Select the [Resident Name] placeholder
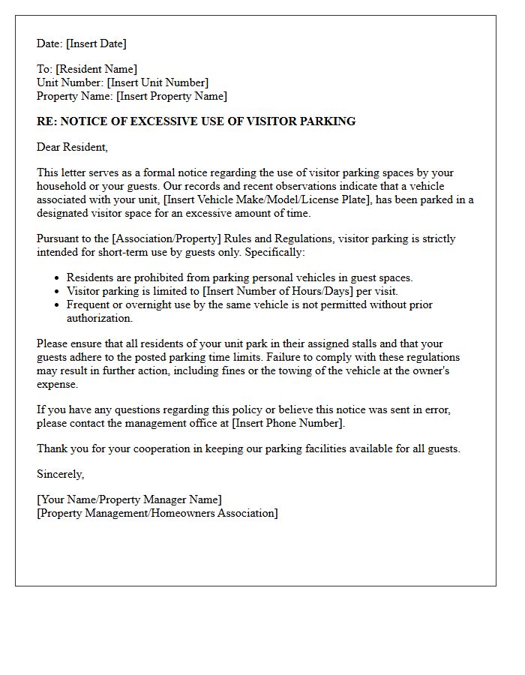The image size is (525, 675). coord(96,69)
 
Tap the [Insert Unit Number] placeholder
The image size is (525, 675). coord(157,82)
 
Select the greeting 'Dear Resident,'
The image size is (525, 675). coord(72,147)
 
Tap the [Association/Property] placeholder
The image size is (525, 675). coord(163,238)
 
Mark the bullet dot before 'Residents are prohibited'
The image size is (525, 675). coord(56,278)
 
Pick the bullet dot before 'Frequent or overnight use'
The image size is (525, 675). coord(56,305)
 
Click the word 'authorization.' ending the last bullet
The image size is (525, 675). coord(100,318)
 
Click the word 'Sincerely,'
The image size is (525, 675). coord(61,474)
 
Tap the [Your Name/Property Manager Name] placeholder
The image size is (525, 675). coord(129,499)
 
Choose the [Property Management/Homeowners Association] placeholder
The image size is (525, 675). coord(157,513)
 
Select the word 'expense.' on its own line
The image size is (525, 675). coord(57,384)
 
